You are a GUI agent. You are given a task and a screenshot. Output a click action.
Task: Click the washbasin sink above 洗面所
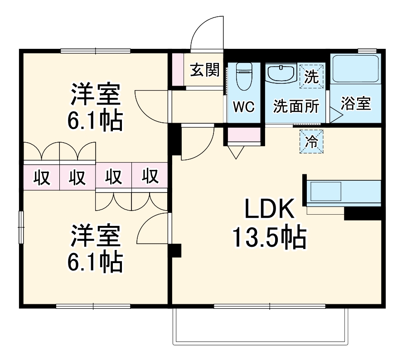coord(281,73)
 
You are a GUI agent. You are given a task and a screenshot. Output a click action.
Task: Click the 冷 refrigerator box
coord(311,141)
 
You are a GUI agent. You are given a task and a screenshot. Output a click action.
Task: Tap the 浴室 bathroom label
coord(356,104)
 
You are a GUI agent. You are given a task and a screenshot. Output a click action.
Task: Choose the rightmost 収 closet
coord(149,177)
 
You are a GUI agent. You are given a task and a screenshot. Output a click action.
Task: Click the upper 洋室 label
coord(95,94)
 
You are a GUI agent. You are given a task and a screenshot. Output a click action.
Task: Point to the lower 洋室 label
coord(95,235)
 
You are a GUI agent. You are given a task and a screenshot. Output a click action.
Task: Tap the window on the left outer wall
coord(21,226)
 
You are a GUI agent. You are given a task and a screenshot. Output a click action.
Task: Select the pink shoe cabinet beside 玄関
coord(178,69)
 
